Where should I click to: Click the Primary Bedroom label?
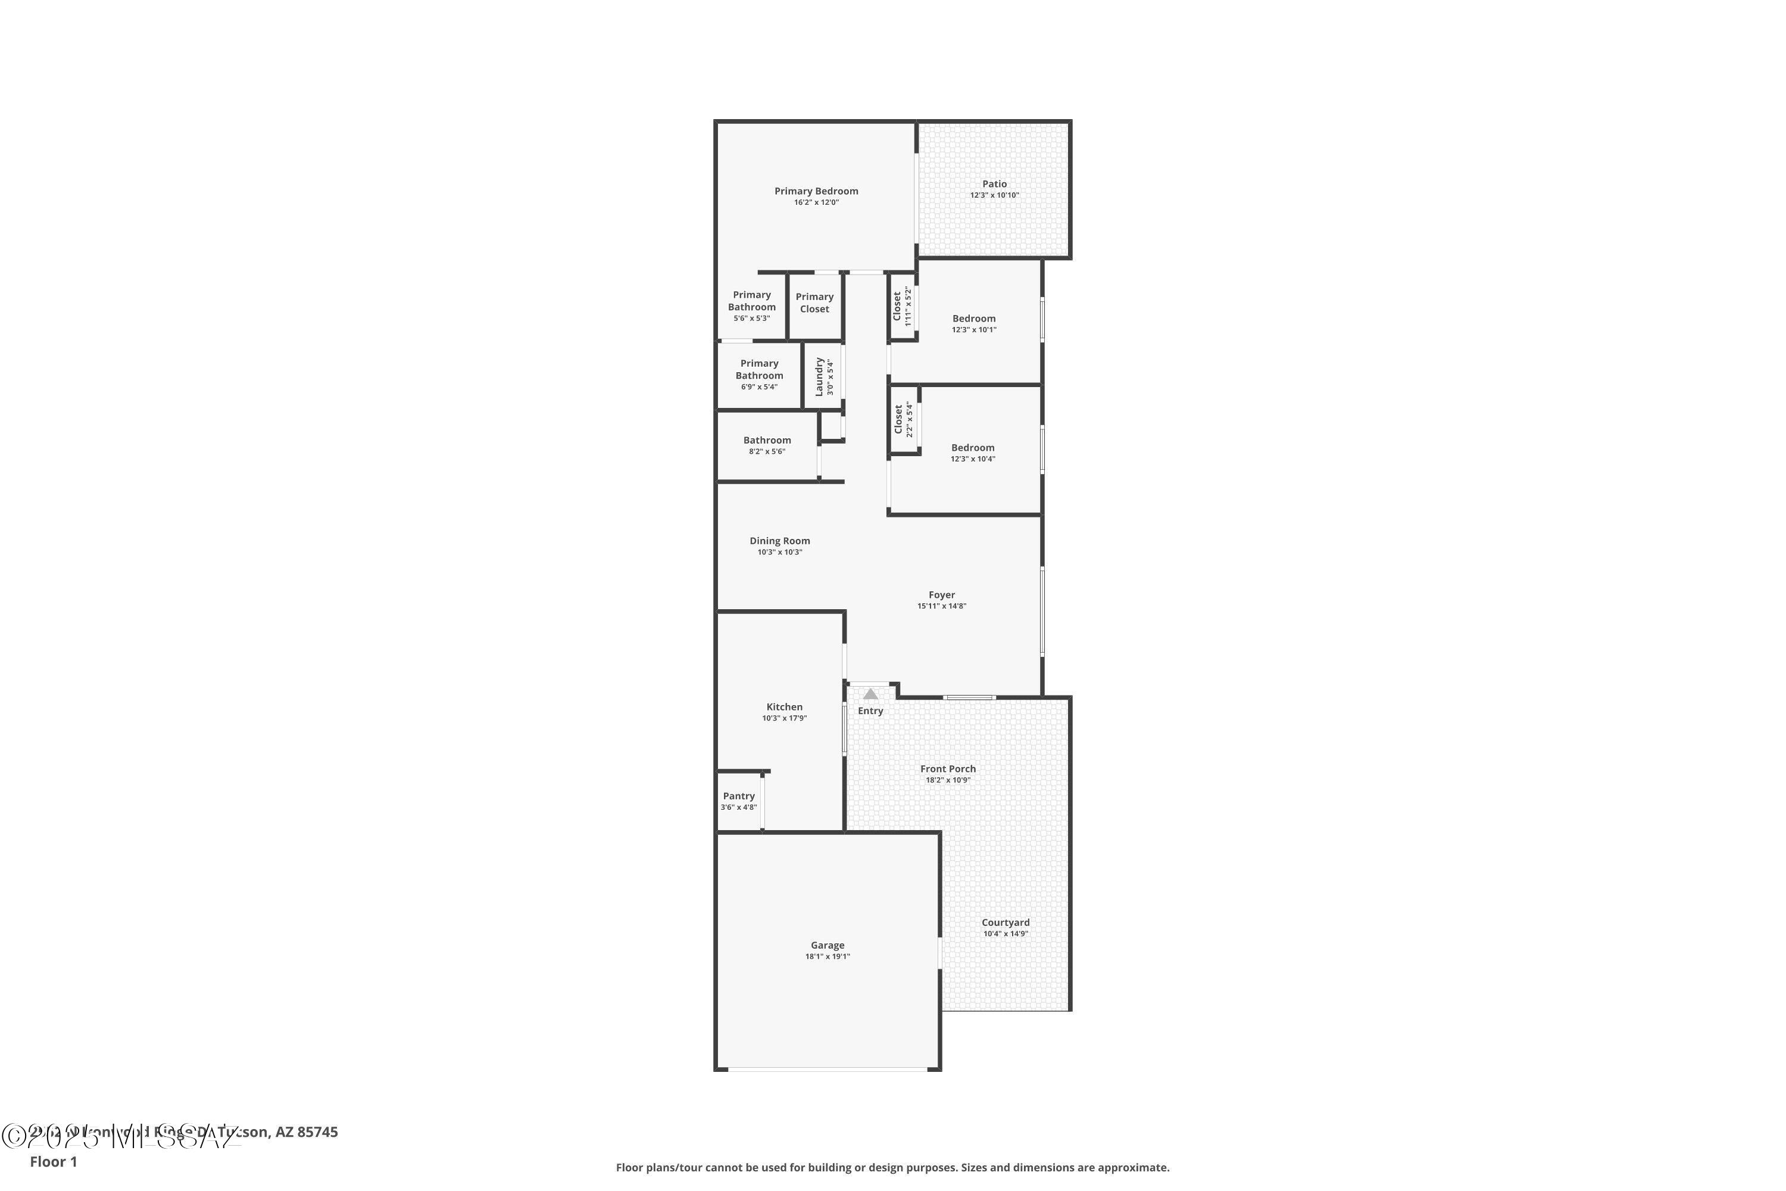click(816, 191)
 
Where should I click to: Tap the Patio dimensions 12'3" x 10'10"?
click(994, 195)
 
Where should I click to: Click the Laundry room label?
click(819, 377)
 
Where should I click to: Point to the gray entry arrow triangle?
click(870, 694)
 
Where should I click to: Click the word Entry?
click(870, 711)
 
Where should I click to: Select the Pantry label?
click(738, 796)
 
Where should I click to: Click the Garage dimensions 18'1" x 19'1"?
click(827, 956)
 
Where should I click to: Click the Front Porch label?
click(948, 769)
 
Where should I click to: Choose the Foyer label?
click(942, 595)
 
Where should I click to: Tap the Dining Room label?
click(779, 541)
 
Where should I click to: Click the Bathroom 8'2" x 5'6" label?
click(767, 441)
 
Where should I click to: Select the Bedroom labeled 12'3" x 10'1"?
click(973, 319)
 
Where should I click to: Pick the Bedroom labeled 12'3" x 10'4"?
click(973, 448)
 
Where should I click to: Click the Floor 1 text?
click(53, 1161)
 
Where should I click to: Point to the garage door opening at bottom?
click(827, 1070)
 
